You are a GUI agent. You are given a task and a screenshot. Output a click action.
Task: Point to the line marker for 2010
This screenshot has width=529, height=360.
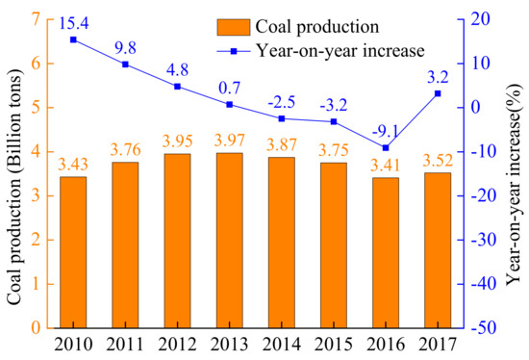coord(74,39)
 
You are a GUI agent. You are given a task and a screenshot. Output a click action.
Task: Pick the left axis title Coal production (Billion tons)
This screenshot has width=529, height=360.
coord(13,173)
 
